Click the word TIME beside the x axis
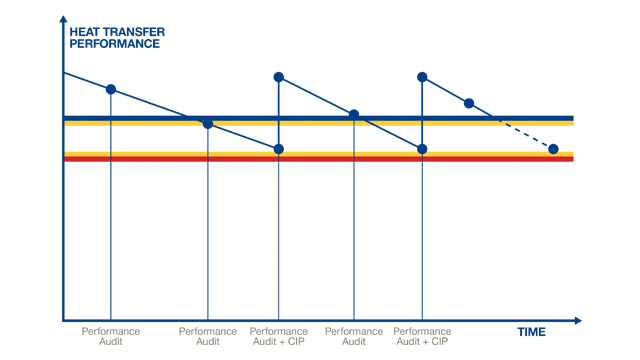tap(532, 331)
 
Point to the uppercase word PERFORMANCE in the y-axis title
tap(112, 45)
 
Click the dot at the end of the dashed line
tap(553, 149)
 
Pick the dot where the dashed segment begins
tap(468, 103)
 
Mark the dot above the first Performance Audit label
tap(110, 89)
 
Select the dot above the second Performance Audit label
tap(208, 124)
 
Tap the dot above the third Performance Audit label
tap(354, 115)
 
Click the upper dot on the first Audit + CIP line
tap(279, 77)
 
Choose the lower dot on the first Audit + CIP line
tap(279, 149)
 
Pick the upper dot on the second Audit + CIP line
tap(422, 77)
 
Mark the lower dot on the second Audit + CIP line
tap(422, 149)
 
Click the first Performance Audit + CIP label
tap(279, 337)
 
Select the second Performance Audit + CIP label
tap(422, 337)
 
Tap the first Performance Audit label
tap(110, 337)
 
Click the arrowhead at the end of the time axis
tap(577, 321)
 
